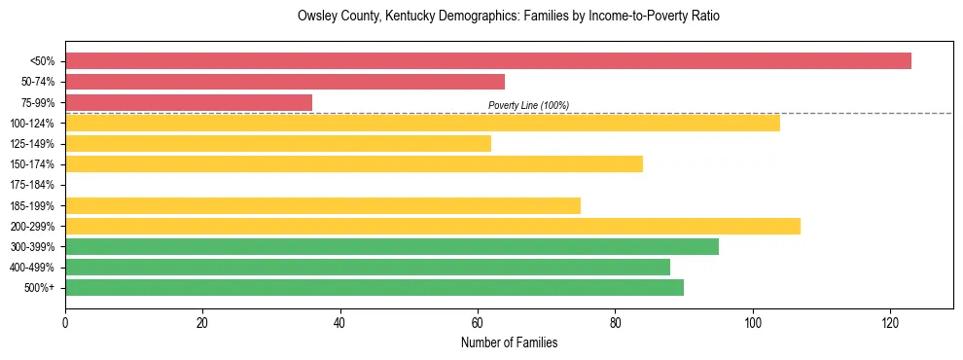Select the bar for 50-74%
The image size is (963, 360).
[x=285, y=82]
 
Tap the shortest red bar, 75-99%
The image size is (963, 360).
[x=189, y=102]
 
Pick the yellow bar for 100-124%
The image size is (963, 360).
[x=422, y=123]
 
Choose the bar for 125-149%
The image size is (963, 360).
[x=278, y=144]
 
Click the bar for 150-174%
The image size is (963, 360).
[x=354, y=164]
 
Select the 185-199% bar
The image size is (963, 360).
[x=323, y=205]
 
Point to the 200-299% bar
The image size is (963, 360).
[x=433, y=226]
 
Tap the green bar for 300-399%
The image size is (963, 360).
[x=392, y=247]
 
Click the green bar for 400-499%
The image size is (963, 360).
[x=368, y=268]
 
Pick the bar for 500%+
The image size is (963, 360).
[x=374, y=288]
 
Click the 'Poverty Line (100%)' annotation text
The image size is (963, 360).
[x=528, y=105]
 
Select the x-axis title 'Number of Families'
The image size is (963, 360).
[x=509, y=342]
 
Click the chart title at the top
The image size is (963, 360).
[x=509, y=17]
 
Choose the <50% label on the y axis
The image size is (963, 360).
[x=42, y=61]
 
